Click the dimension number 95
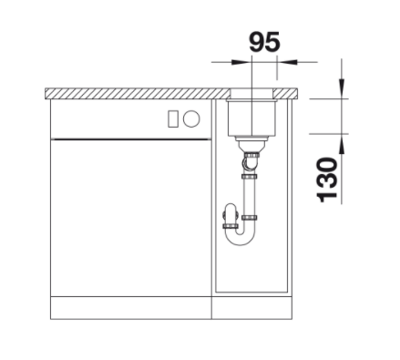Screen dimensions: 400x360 pyautogui.click(x=264, y=42)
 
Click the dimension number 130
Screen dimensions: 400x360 pyautogui.click(x=327, y=180)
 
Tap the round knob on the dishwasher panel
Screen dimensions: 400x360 pyautogui.click(x=191, y=118)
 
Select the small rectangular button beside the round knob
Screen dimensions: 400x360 pyautogui.click(x=173, y=118)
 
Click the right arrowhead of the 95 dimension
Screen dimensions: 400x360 pyautogui.click(x=287, y=62)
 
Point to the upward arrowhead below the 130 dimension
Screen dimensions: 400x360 pyautogui.click(x=342, y=143)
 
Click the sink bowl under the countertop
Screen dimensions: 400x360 pyautogui.click(x=252, y=117)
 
